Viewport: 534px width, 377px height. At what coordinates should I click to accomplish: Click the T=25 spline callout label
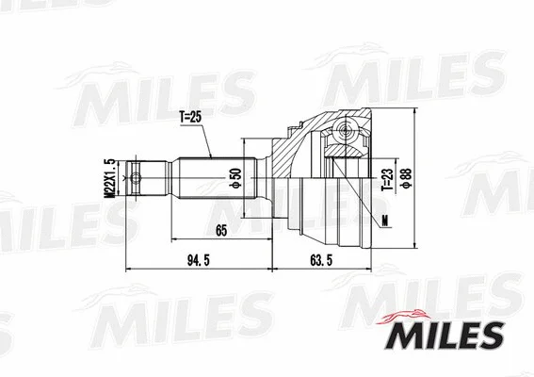(x=191, y=117)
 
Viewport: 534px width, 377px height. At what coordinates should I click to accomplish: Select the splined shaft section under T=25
(x=207, y=175)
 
